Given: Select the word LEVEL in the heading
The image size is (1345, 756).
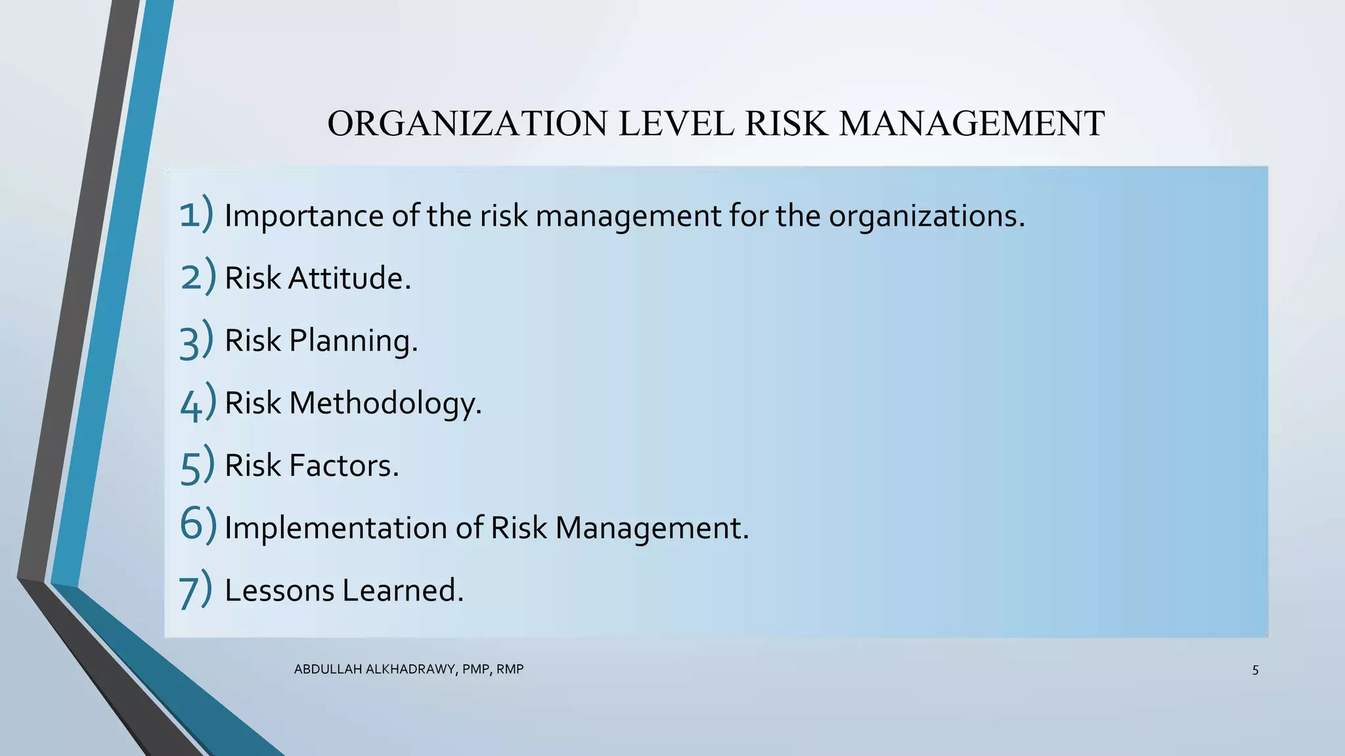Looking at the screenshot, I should click(x=676, y=123).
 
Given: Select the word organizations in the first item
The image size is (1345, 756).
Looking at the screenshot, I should click(x=926, y=216).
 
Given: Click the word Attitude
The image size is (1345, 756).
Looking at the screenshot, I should click(x=349, y=278).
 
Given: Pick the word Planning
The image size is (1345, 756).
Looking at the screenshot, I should click(x=353, y=341).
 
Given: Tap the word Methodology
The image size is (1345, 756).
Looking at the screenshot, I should click(x=385, y=403).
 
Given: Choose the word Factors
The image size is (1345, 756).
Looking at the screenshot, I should click(x=343, y=465).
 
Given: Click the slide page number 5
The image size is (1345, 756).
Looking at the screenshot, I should click(x=1255, y=670).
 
